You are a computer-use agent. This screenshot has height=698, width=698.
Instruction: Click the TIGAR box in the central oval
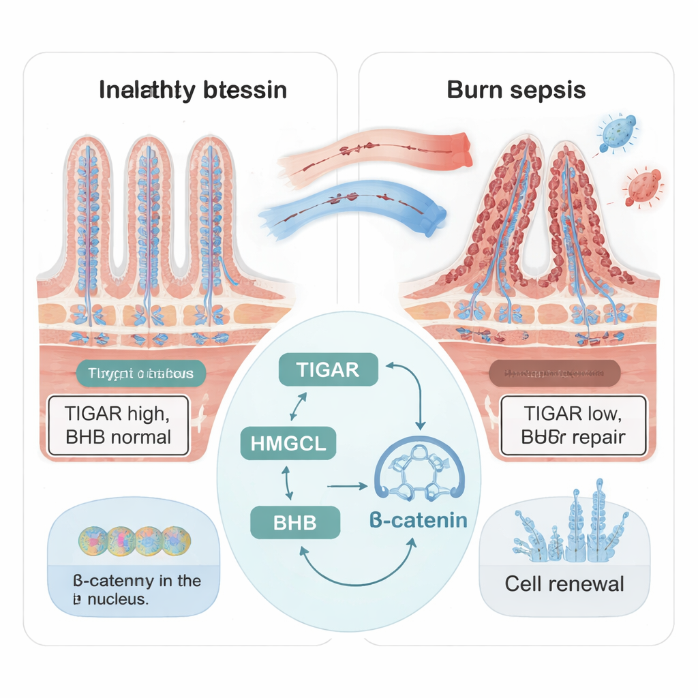coord(328,369)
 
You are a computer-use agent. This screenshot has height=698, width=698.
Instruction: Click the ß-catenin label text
coord(418,521)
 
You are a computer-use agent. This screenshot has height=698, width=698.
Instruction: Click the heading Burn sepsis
coord(516,90)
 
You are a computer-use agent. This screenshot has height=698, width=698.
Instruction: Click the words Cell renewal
coord(564,584)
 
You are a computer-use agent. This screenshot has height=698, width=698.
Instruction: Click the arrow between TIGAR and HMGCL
coord(298,408)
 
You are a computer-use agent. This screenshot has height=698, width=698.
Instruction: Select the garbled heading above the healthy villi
coord(193,90)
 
